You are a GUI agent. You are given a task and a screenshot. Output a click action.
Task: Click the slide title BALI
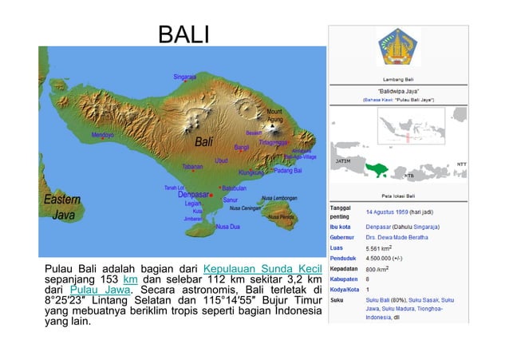point(183,35)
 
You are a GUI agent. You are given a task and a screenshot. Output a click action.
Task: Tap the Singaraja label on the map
point(184,77)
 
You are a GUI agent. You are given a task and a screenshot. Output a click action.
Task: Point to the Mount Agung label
point(274,115)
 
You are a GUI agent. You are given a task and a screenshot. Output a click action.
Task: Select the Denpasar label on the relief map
point(192,194)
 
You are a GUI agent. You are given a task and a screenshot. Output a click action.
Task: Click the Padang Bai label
point(287,171)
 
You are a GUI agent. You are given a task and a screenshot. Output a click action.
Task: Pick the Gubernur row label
point(344,236)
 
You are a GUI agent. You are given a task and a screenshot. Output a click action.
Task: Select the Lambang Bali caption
point(398,79)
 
